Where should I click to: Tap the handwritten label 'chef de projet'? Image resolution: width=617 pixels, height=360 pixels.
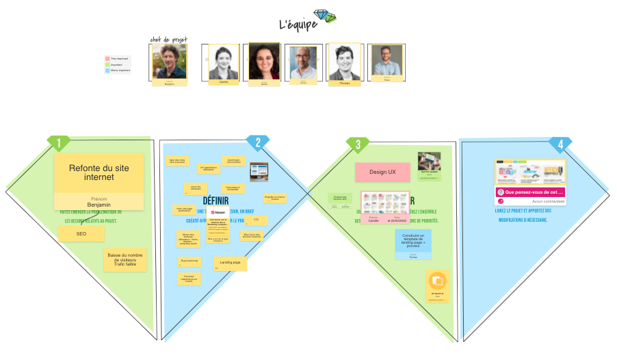tap(168, 40)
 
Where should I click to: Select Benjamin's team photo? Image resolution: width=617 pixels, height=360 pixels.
tap(169, 62)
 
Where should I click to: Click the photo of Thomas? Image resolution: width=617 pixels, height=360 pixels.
tap(344, 63)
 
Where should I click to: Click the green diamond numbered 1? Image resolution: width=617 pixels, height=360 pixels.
tap(59, 143)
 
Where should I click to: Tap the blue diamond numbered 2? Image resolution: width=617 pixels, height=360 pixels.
tap(258, 143)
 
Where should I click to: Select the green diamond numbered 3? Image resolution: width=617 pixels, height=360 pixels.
tap(358, 144)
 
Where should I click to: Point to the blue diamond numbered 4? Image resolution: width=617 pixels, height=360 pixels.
tap(560, 144)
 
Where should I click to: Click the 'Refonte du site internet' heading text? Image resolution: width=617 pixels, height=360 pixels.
tap(99, 172)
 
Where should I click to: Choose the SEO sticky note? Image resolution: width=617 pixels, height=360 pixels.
tap(81, 234)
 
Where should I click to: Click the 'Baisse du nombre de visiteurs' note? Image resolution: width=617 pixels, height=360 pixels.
tap(125, 260)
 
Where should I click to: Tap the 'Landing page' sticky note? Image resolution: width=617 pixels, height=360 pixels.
tap(230, 263)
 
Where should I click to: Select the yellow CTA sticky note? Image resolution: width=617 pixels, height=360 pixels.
tap(256, 220)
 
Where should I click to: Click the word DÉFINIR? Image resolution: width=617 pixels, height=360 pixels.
tap(215, 201)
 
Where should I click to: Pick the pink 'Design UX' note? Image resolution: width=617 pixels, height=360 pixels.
tap(382, 172)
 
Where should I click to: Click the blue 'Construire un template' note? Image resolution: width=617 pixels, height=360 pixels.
tap(412, 240)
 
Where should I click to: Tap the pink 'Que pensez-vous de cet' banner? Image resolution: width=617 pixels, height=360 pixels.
tap(530, 192)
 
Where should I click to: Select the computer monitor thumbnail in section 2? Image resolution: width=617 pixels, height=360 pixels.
tap(259, 171)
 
